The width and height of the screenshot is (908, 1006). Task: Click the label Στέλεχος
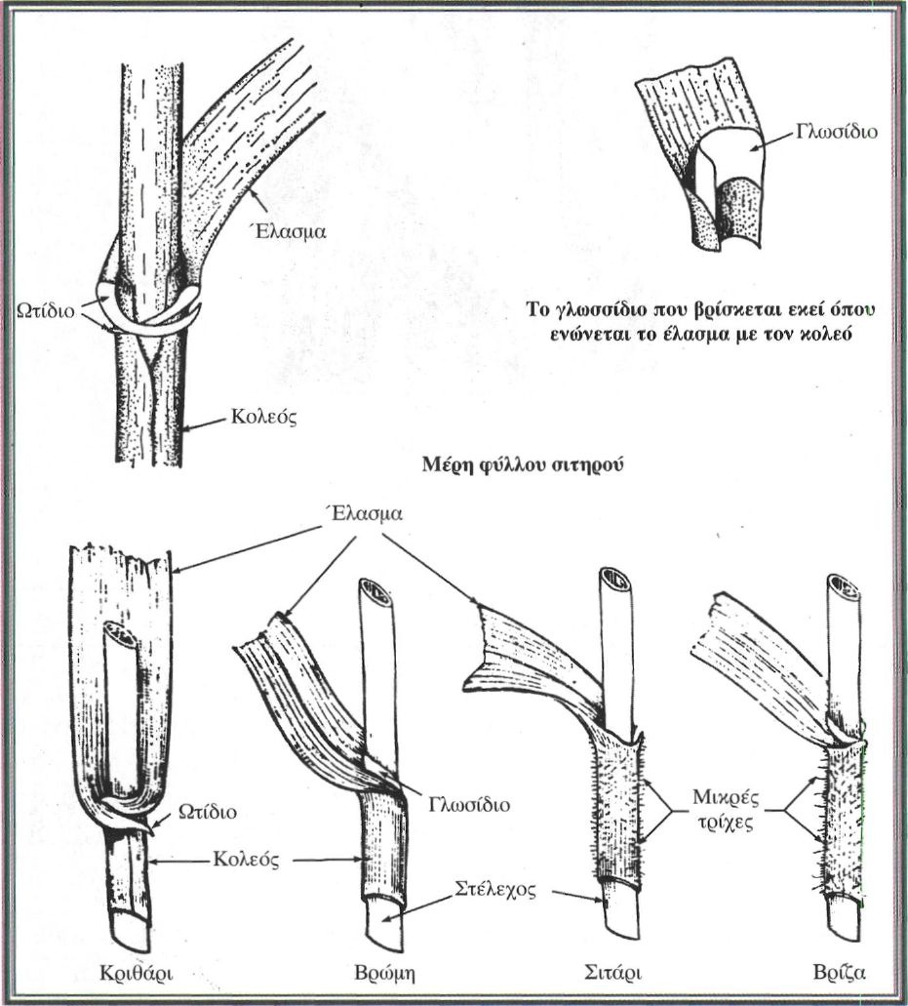[x=493, y=890]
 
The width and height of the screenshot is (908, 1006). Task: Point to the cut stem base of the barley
[x=130, y=921]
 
